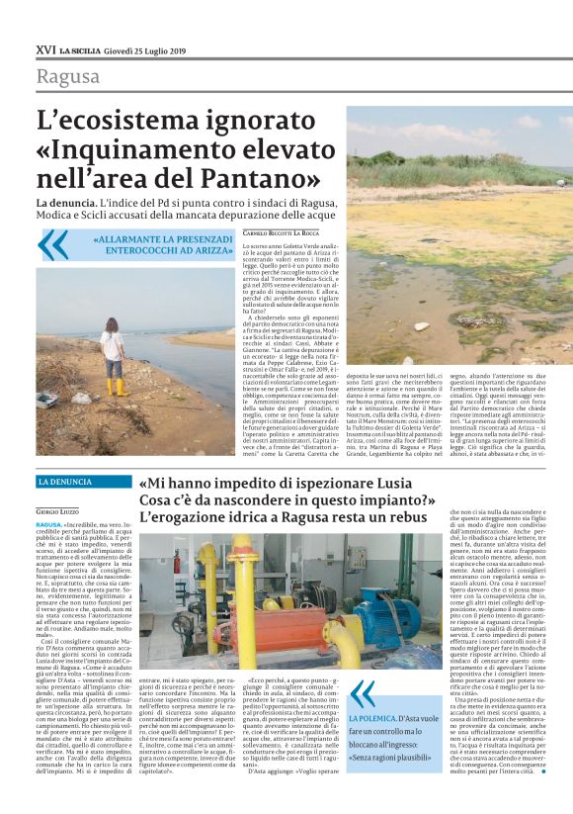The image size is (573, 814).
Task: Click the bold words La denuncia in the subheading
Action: pyautogui.click(x=66, y=202)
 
